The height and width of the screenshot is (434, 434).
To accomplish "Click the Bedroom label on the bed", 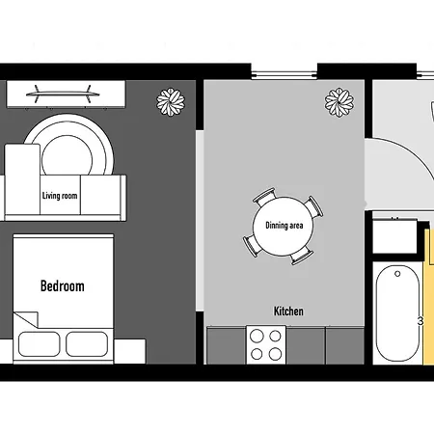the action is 63,286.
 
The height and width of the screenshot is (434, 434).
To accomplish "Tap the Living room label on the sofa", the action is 60,196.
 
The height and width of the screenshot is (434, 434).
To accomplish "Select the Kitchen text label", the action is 288,311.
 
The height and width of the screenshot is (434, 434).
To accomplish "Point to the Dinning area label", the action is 285,226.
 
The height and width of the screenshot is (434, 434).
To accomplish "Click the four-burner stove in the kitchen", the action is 266,345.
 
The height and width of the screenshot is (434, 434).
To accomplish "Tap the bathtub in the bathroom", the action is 397,313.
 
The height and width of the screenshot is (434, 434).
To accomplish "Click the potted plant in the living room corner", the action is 171,101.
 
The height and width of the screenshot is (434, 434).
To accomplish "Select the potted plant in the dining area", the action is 339,102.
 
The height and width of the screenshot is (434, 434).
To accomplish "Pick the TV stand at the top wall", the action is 66,95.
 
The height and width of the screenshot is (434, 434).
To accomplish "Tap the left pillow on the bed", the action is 39,344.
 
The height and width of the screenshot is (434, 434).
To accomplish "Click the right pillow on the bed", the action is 87,344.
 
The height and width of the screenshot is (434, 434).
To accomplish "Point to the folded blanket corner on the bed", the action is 26,319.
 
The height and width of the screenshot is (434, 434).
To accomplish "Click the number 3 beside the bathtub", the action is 420,321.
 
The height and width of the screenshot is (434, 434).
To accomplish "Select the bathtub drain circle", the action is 397,274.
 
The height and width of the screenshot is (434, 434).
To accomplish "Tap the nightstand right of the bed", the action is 129,351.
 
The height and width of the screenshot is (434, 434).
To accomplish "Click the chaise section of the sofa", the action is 22,179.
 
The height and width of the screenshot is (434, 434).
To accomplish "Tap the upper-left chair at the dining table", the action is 264,196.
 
